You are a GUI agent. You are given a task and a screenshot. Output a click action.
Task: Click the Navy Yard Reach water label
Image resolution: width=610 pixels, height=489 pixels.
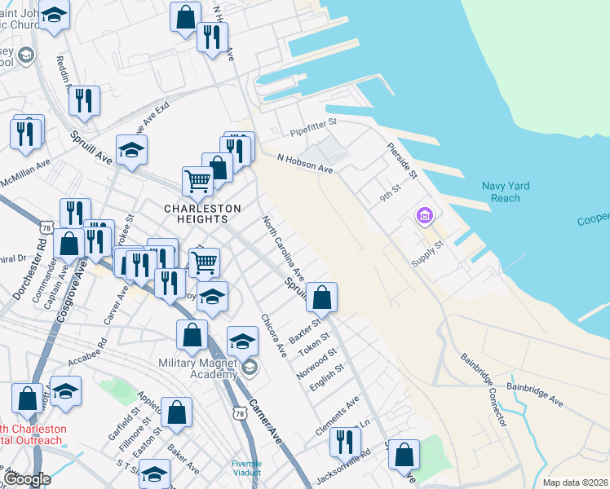[x=506, y=192]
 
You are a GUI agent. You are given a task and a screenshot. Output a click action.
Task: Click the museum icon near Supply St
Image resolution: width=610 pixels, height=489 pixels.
[x=423, y=217]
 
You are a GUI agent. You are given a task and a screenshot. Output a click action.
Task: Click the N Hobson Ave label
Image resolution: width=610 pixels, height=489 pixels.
[x=305, y=164]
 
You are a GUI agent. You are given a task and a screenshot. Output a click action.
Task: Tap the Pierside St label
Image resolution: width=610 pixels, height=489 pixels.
[x=402, y=162]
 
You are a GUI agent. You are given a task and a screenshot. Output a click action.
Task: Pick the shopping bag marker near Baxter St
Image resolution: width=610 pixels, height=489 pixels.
[x=323, y=299]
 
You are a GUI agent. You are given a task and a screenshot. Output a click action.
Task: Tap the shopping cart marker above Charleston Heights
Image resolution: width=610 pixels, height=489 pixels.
[x=197, y=182]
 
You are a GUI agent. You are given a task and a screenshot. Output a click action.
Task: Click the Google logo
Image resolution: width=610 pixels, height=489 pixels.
[x=27, y=479]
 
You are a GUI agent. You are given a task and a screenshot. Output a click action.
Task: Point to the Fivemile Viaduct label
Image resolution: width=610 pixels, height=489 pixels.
[x=246, y=468]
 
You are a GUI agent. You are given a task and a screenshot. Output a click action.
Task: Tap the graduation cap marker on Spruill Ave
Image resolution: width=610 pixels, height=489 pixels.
[x=131, y=150]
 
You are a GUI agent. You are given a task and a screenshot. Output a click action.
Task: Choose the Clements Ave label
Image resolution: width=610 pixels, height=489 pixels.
[x=338, y=416]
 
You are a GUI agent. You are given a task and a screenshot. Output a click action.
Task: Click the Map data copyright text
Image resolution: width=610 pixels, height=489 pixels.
[x=576, y=482]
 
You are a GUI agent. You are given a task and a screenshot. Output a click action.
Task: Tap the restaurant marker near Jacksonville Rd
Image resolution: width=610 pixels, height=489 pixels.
[x=345, y=442]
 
